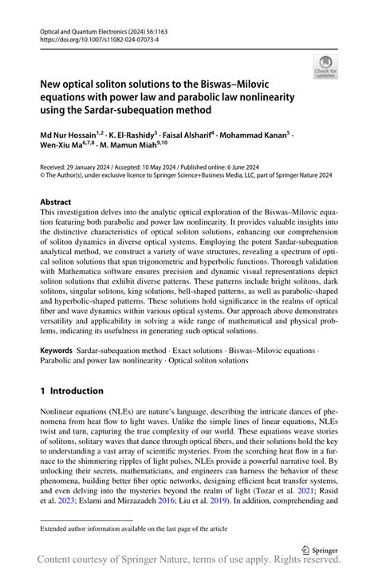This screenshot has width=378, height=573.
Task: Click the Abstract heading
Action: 56,202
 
